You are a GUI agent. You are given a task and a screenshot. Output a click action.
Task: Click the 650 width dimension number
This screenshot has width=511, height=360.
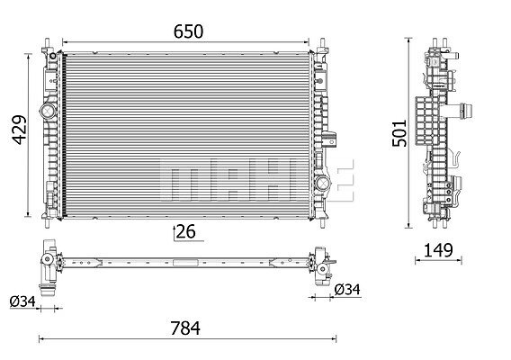pyautogui.click(x=188, y=31)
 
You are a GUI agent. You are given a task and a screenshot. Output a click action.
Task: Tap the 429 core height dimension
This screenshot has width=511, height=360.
pyautogui.click(x=20, y=130)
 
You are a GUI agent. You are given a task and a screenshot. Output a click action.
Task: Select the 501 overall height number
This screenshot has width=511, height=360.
pyautogui.click(x=399, y=133)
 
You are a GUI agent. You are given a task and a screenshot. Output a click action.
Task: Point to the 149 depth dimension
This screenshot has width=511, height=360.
pyautogui.click(x=438, y=250)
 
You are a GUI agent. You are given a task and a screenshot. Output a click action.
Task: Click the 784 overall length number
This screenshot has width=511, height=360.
pyautogui.click(x=185, y=328)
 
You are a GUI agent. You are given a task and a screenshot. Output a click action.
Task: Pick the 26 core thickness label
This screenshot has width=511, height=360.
pyautogui.click(x=185, y=231)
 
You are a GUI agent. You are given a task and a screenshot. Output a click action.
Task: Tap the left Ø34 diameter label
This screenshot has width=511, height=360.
pyautogui.click(x=22, y=301)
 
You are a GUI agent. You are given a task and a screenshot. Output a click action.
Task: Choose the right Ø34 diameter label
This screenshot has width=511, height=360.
pyautogui.click(x=348, y=289)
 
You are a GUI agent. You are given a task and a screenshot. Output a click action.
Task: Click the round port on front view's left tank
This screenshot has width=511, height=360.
pyautogui.click(x=48, y=112)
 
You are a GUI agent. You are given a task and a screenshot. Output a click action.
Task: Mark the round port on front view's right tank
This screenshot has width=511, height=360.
pyautogui.click(x=322, y=183)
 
